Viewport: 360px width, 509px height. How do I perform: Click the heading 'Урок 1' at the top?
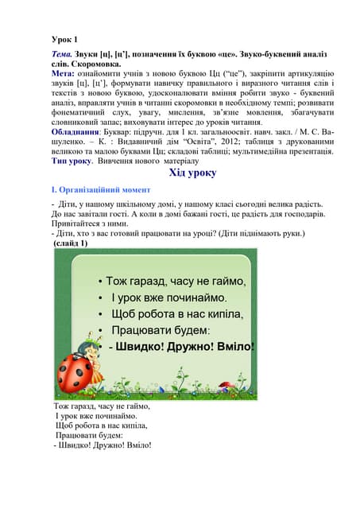pos(65,39)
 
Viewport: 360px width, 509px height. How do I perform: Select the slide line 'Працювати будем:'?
pos(161,330)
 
